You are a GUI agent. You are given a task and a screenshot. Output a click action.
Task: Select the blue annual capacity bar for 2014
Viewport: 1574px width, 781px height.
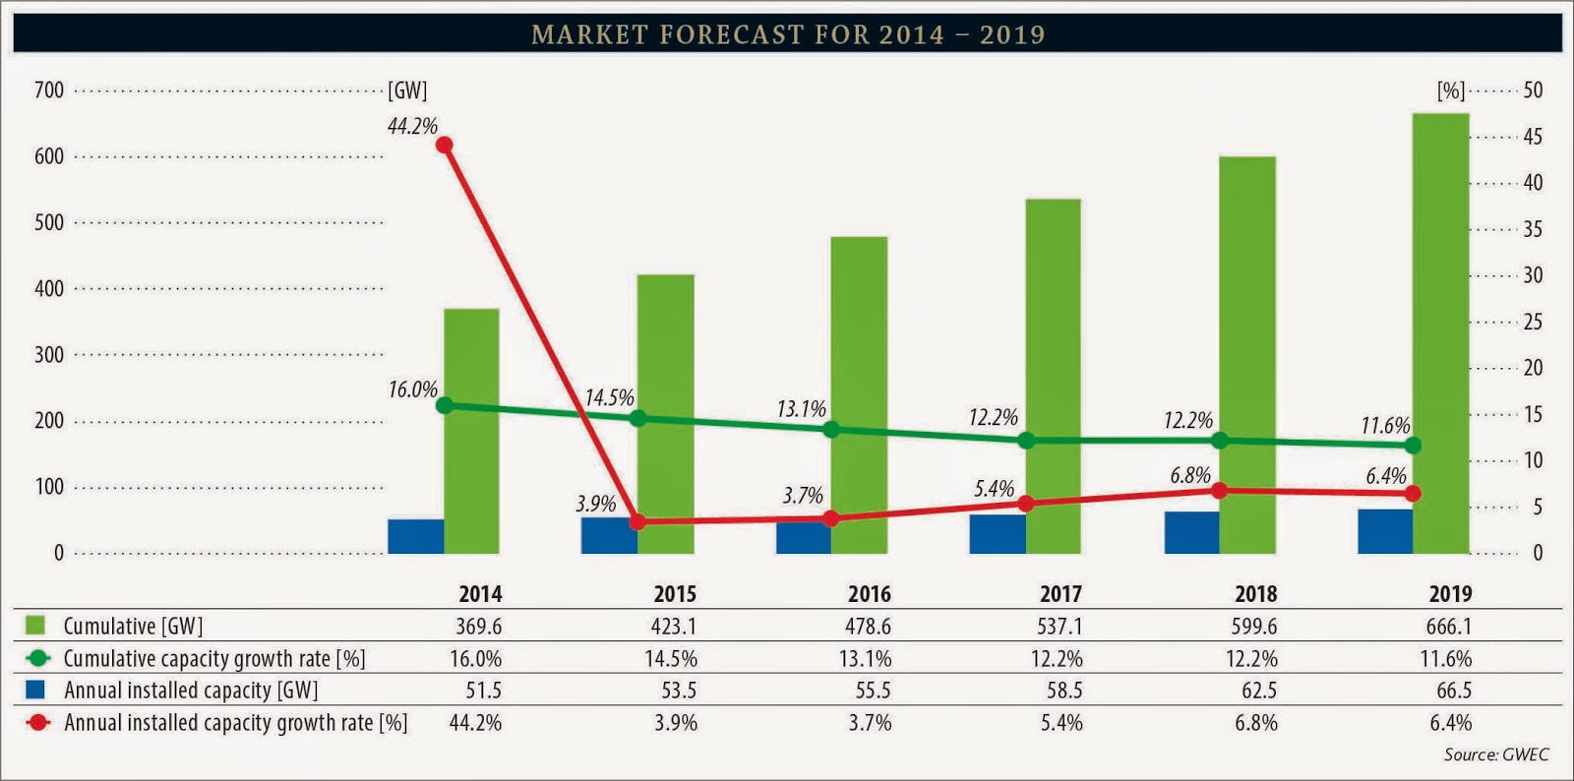coord(415,536)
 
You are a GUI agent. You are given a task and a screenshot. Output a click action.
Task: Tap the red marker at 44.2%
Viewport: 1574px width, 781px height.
coord(444,145)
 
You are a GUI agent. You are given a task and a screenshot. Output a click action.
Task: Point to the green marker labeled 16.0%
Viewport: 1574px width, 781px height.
coord(444,405)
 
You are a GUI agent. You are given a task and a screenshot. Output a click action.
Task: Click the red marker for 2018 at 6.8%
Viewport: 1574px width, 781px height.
coord(1220,490)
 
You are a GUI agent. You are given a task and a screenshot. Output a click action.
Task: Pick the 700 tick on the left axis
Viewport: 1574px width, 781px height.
coord(48,90)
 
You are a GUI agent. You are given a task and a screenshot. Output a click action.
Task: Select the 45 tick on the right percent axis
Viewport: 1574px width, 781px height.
coord(1533,137)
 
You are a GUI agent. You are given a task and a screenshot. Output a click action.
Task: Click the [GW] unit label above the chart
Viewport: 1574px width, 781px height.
coord(407,90)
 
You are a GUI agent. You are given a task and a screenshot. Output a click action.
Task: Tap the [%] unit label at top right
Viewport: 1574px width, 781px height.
coord(1450,90)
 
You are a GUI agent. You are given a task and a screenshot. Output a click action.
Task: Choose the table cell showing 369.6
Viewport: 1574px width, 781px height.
coord(479,627)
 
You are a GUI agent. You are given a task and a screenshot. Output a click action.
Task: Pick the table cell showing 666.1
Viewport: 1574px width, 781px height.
coord(1449,627)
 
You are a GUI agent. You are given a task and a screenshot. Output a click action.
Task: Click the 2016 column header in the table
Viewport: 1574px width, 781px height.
coord(869,594)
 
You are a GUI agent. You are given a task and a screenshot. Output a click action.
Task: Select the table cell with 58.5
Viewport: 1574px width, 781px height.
coord(1064,691)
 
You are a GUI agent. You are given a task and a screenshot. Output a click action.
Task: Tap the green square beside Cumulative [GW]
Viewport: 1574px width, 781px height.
coord(35,626)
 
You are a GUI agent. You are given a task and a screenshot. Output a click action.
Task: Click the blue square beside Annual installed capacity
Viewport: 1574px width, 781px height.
coord(35,690)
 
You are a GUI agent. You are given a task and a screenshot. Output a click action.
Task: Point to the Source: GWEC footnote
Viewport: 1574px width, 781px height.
coord(1495,754)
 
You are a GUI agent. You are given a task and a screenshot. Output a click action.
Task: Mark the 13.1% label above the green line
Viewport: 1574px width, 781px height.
coord(801,409)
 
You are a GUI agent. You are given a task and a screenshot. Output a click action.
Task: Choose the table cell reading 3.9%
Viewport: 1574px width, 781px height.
coord(676,723)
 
